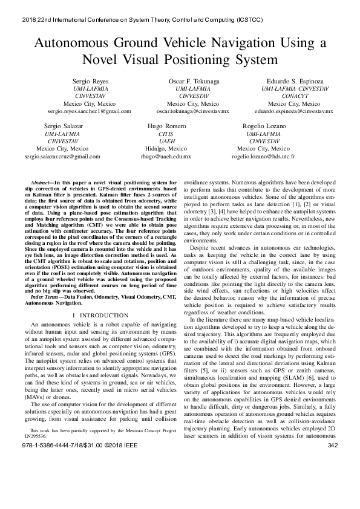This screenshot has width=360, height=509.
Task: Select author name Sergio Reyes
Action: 90,80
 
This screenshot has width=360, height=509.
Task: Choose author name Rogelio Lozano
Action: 263,125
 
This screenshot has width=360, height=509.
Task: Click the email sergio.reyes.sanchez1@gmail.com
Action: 90,112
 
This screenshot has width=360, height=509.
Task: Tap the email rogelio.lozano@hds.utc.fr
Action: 263,156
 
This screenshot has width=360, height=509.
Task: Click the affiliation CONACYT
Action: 294,96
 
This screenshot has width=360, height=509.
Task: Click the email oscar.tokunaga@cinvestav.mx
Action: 193,112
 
